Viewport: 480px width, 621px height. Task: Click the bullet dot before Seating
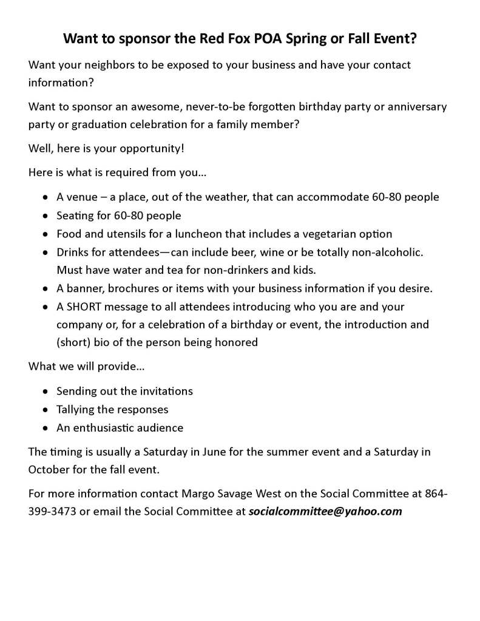point(46,216)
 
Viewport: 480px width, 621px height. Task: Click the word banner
point(84,288)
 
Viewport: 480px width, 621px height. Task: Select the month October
point(50,469)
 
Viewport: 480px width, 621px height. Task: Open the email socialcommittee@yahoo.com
point(325,511)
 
